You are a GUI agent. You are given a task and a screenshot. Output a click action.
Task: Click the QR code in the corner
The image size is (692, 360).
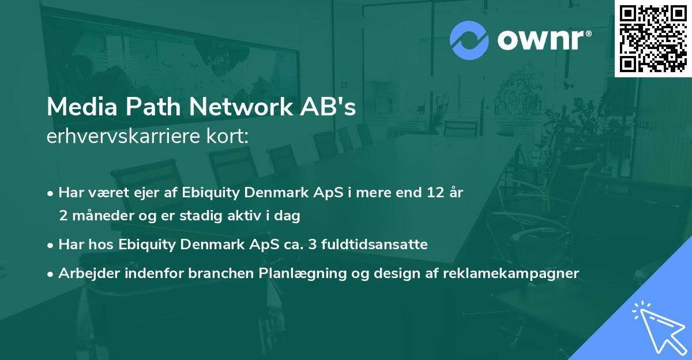[x=653, y=39]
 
